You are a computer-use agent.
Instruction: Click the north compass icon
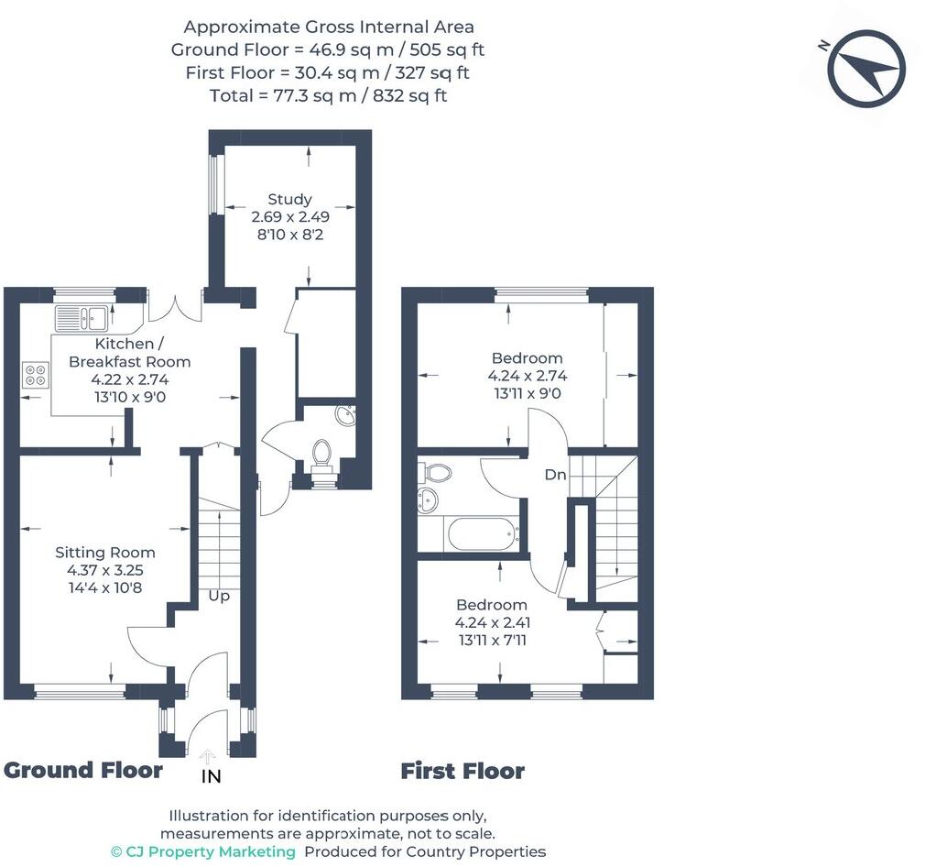point(866,69)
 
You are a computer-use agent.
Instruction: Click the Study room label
point(289,199)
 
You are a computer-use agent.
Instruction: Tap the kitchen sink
point(82,318)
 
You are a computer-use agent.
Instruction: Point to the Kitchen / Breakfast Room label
point(129,353)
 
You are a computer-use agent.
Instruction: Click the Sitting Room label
point(105,553)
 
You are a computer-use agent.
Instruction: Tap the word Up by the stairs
point(219,596)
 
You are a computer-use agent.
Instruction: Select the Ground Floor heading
point(83,771)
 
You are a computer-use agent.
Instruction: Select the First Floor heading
point(462,772)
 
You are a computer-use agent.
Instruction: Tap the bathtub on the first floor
point(482,533)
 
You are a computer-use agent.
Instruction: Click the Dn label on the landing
point(555,475)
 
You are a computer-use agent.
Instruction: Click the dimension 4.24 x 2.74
point(527,376)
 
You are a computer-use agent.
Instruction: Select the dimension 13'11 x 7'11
point(492,640)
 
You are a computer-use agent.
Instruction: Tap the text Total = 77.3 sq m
point(328,95)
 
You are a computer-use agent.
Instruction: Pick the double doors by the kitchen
point(175,308)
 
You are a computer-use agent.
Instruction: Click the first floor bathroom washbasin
point(429,499)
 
